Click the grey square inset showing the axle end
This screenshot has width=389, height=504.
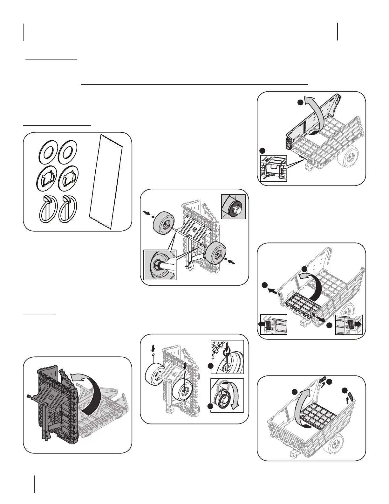coord(233,207)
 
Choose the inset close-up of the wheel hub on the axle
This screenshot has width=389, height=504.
coord(160,265)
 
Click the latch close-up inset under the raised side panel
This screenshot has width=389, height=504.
coord(274,168)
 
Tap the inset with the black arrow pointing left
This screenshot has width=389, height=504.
coord(273,325)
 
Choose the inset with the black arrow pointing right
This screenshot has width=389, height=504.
coord(349,325)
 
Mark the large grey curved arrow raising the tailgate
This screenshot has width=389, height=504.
coord(304,407)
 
